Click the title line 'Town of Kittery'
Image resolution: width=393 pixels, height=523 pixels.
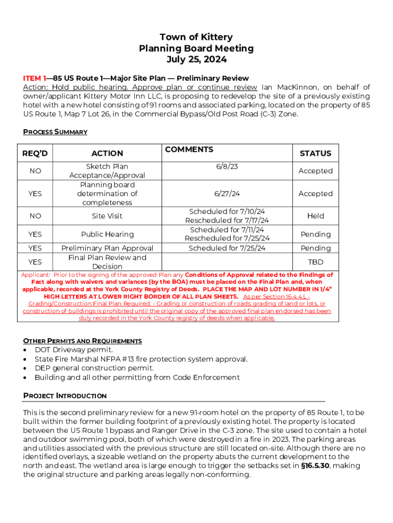point(196,37)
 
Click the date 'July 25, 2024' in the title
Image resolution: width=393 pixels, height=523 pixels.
point(196,60)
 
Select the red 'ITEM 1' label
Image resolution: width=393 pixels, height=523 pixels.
point(34,78)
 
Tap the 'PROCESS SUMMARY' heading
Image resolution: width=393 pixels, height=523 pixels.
point(55,132)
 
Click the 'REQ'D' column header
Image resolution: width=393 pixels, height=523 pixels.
point(35,153)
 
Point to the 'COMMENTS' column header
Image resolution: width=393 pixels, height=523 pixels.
point(189,150)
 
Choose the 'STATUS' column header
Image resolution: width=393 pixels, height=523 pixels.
point(315,153)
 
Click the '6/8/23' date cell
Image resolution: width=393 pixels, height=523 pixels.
point(227,167)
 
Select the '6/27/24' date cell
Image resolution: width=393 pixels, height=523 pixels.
point(227,194)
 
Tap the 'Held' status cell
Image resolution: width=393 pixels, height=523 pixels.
point(315,216)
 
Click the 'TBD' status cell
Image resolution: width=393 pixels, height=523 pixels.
point(315,262)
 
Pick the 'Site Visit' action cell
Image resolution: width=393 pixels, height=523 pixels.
point(107,216)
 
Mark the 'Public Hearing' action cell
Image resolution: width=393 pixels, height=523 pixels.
point(107,234)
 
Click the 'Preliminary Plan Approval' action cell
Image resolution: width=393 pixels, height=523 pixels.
point(107,248)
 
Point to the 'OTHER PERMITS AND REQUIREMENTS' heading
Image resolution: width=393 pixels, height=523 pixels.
point(82,341)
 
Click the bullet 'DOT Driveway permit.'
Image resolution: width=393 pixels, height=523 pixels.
point(73,350)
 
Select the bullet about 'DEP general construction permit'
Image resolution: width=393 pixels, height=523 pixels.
point(94,368)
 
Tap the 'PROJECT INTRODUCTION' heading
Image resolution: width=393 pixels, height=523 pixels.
point(65,396)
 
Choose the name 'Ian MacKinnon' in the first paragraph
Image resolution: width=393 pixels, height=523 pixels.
point(289,87)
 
